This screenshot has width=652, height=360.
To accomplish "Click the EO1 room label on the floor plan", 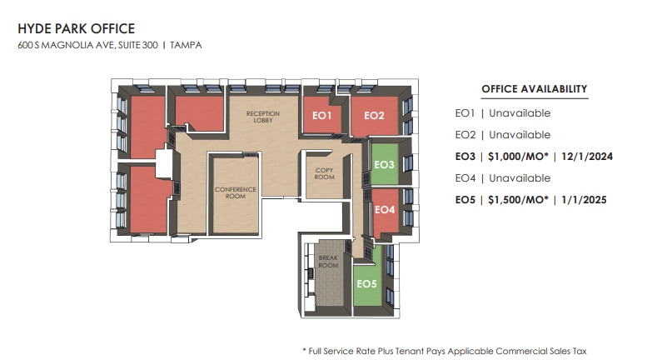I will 322,116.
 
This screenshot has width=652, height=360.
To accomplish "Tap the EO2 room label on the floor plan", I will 374,116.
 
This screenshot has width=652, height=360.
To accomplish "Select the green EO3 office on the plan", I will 384,165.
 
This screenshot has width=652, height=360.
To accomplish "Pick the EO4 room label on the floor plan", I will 384,209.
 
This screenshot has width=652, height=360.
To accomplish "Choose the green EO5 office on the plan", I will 366,284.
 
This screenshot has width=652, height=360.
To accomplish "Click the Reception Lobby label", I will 262,117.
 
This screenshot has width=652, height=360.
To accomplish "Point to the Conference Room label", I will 236,192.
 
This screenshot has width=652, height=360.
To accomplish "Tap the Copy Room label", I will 324,173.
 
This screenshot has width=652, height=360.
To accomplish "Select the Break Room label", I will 328,262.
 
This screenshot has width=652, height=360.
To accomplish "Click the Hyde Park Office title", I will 76,29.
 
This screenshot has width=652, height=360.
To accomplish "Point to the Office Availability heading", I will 534,89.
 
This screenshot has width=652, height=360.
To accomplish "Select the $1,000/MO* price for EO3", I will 517,157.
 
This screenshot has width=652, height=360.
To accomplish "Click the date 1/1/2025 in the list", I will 585,200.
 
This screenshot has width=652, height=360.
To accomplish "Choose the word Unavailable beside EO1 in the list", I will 520,113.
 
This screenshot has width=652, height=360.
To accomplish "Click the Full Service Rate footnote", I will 450,351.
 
